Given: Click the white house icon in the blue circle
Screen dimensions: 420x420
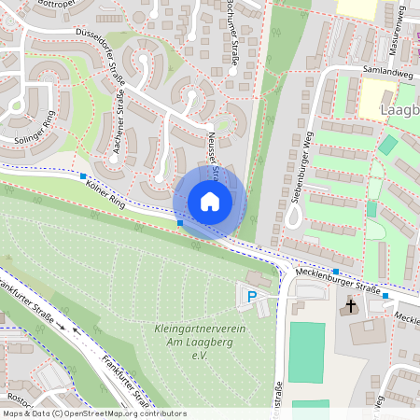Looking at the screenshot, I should point(210,202).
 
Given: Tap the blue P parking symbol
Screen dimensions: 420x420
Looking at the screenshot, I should point(251,297).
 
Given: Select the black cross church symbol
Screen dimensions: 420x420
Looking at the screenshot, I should point(352,305).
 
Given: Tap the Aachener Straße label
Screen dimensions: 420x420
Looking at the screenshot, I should point(119,109).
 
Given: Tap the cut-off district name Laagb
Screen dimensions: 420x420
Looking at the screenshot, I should point(400,111).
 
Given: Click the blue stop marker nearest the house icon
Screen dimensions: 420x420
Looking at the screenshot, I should point(180,223).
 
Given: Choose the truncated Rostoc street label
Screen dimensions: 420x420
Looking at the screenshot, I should point(18,385).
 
